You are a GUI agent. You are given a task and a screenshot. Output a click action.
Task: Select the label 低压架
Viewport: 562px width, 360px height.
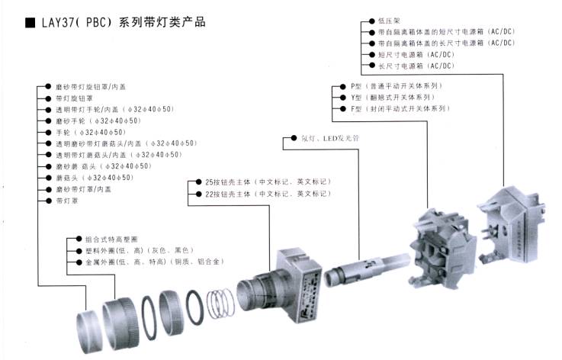click(x=389, y=21)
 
